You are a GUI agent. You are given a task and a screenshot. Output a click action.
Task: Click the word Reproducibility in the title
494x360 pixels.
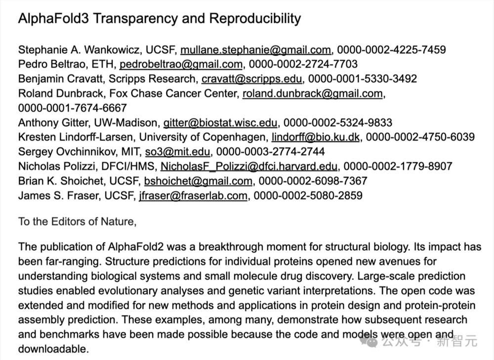tap(255, 19)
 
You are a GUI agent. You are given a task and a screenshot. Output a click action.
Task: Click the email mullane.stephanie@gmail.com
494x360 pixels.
tap(256, 50)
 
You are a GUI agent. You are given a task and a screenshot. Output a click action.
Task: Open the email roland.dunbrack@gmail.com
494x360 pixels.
tap(312, 94)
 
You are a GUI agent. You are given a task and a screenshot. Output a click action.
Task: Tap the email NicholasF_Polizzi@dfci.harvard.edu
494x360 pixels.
tap(249, 166)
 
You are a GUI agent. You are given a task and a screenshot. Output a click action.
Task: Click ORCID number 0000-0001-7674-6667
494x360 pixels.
tap(73, 108)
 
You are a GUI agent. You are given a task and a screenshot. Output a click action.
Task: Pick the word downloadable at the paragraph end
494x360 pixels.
tap(53, 349)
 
